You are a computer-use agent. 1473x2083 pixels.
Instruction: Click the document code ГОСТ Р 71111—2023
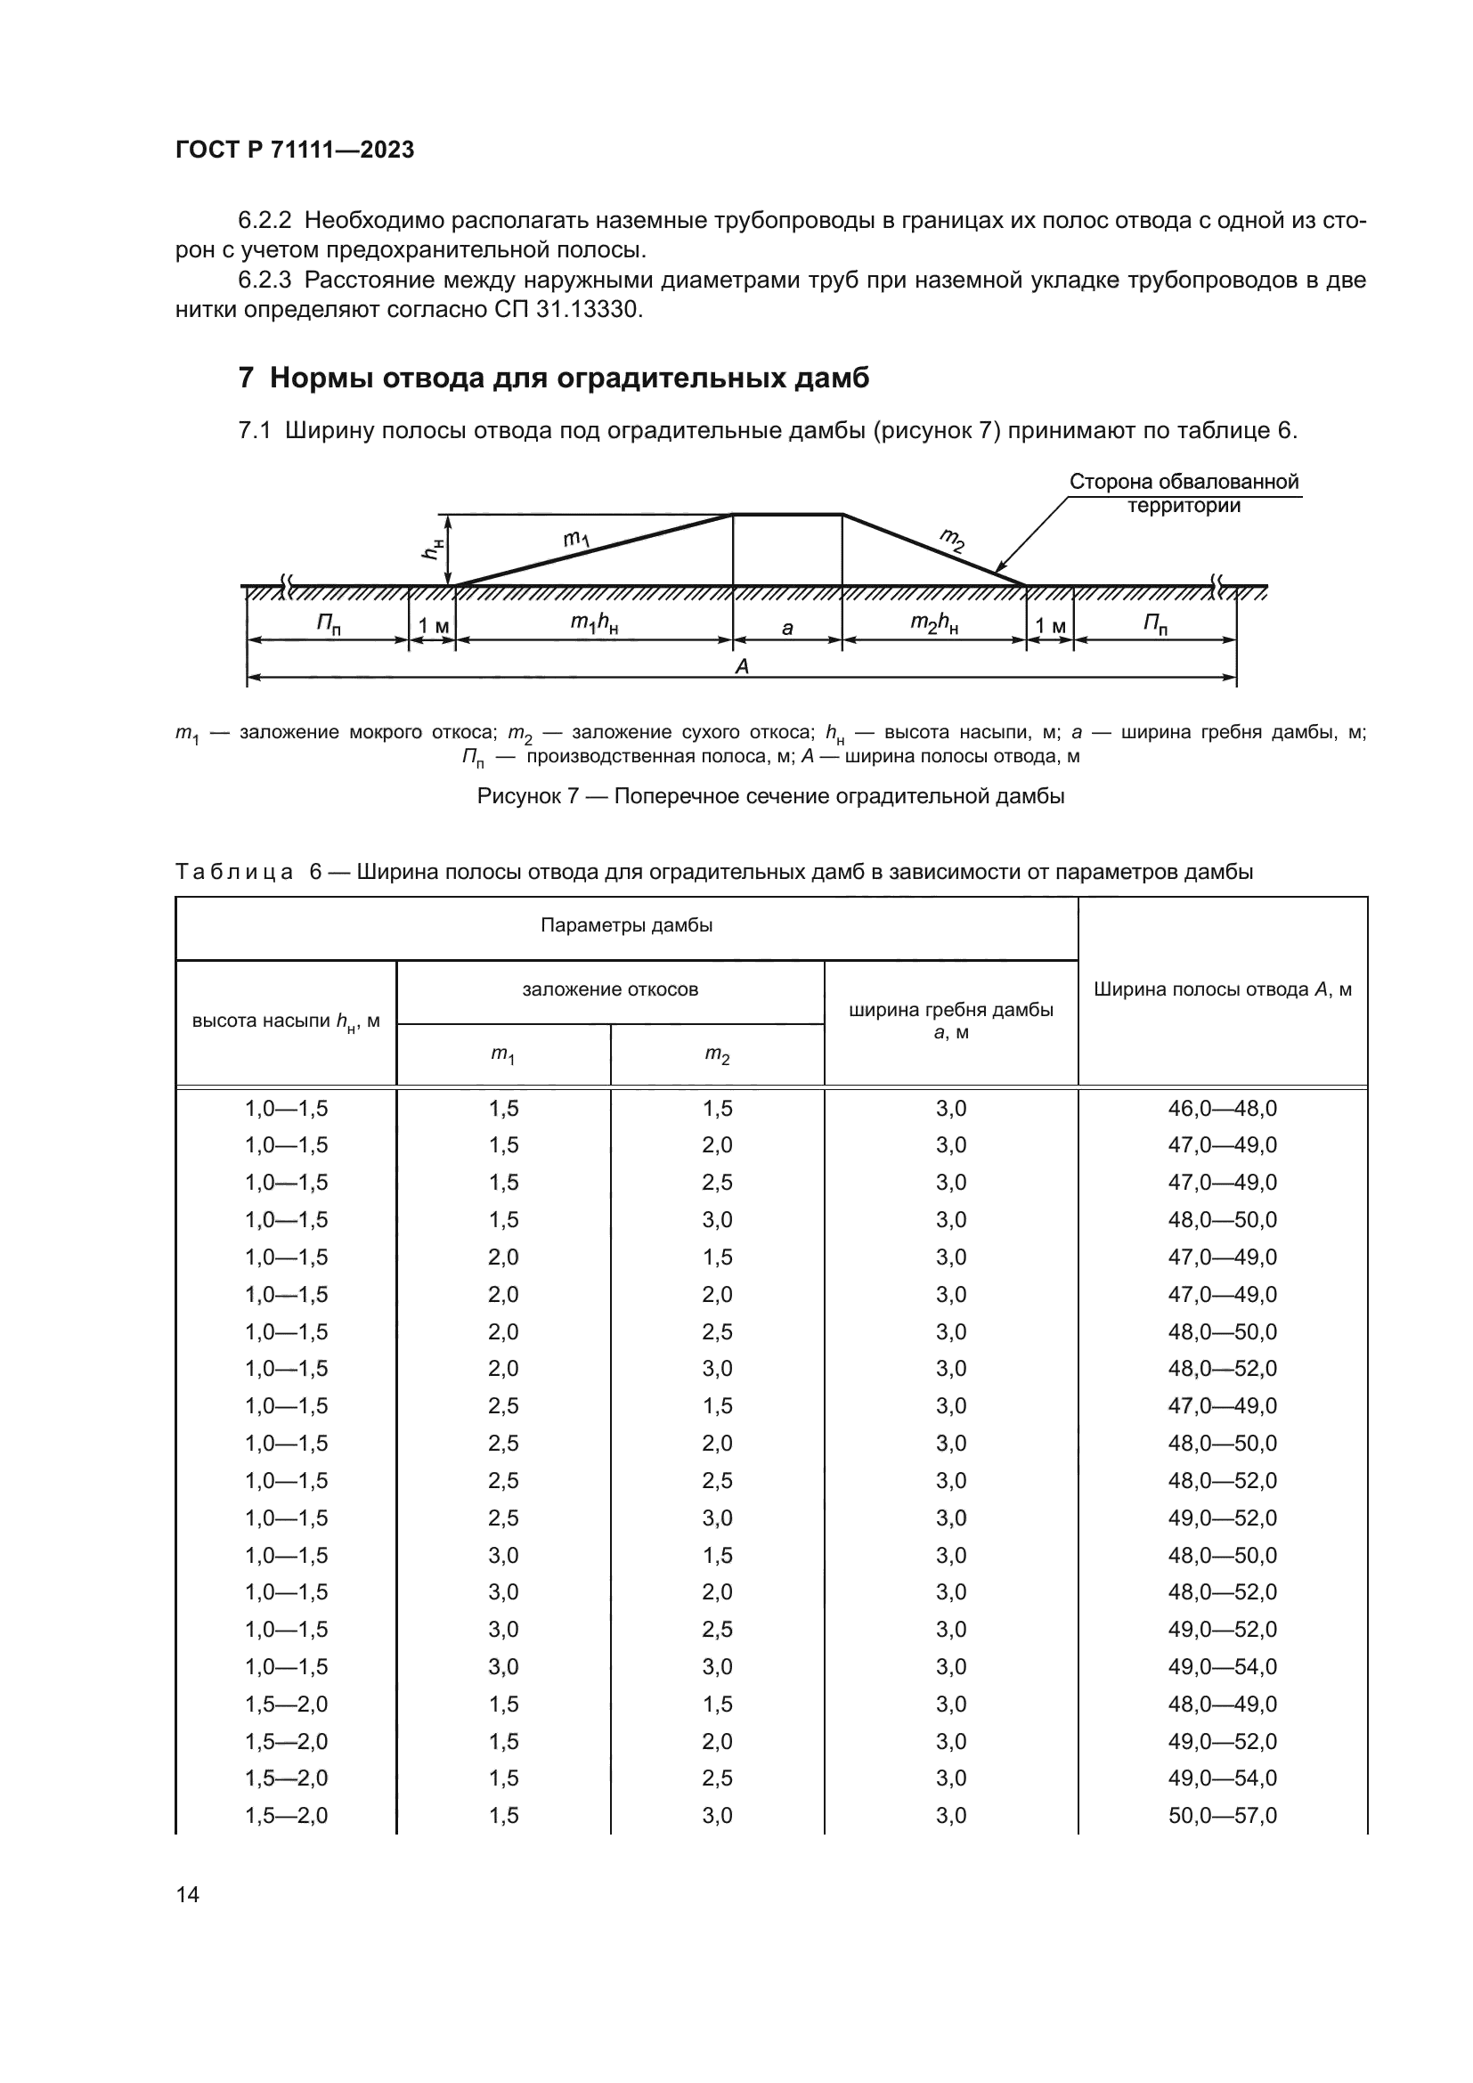(295, 150)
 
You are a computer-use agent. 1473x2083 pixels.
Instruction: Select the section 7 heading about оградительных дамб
(553, 378)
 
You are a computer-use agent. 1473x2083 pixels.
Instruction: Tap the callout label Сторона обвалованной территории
(1184, 493)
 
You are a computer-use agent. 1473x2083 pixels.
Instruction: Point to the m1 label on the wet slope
(577, 540)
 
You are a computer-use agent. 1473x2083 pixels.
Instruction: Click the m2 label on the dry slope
(951, 541)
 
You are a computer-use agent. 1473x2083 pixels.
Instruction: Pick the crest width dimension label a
(787, 627)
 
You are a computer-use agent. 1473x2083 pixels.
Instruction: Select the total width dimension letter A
(742, 667)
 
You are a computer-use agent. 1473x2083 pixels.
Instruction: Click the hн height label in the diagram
(435, 548)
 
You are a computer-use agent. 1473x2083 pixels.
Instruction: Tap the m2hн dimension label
(934, 623)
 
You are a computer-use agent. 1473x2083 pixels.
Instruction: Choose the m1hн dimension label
(594, 623)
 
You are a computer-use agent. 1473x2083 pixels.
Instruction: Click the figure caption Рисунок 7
(770, 796)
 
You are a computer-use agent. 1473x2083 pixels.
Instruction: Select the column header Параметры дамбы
(626, 925)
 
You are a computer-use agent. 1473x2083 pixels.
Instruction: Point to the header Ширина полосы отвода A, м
(1222, 989)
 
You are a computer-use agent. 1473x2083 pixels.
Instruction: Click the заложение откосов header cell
(609, 989)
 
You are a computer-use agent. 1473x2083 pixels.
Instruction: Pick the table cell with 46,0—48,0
(1222, 1109)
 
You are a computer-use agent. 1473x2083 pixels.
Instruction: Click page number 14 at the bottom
(188, 1894)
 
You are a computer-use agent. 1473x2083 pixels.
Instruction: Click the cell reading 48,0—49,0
(1222, 1705)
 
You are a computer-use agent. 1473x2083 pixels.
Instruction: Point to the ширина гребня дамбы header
(950, 1020)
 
